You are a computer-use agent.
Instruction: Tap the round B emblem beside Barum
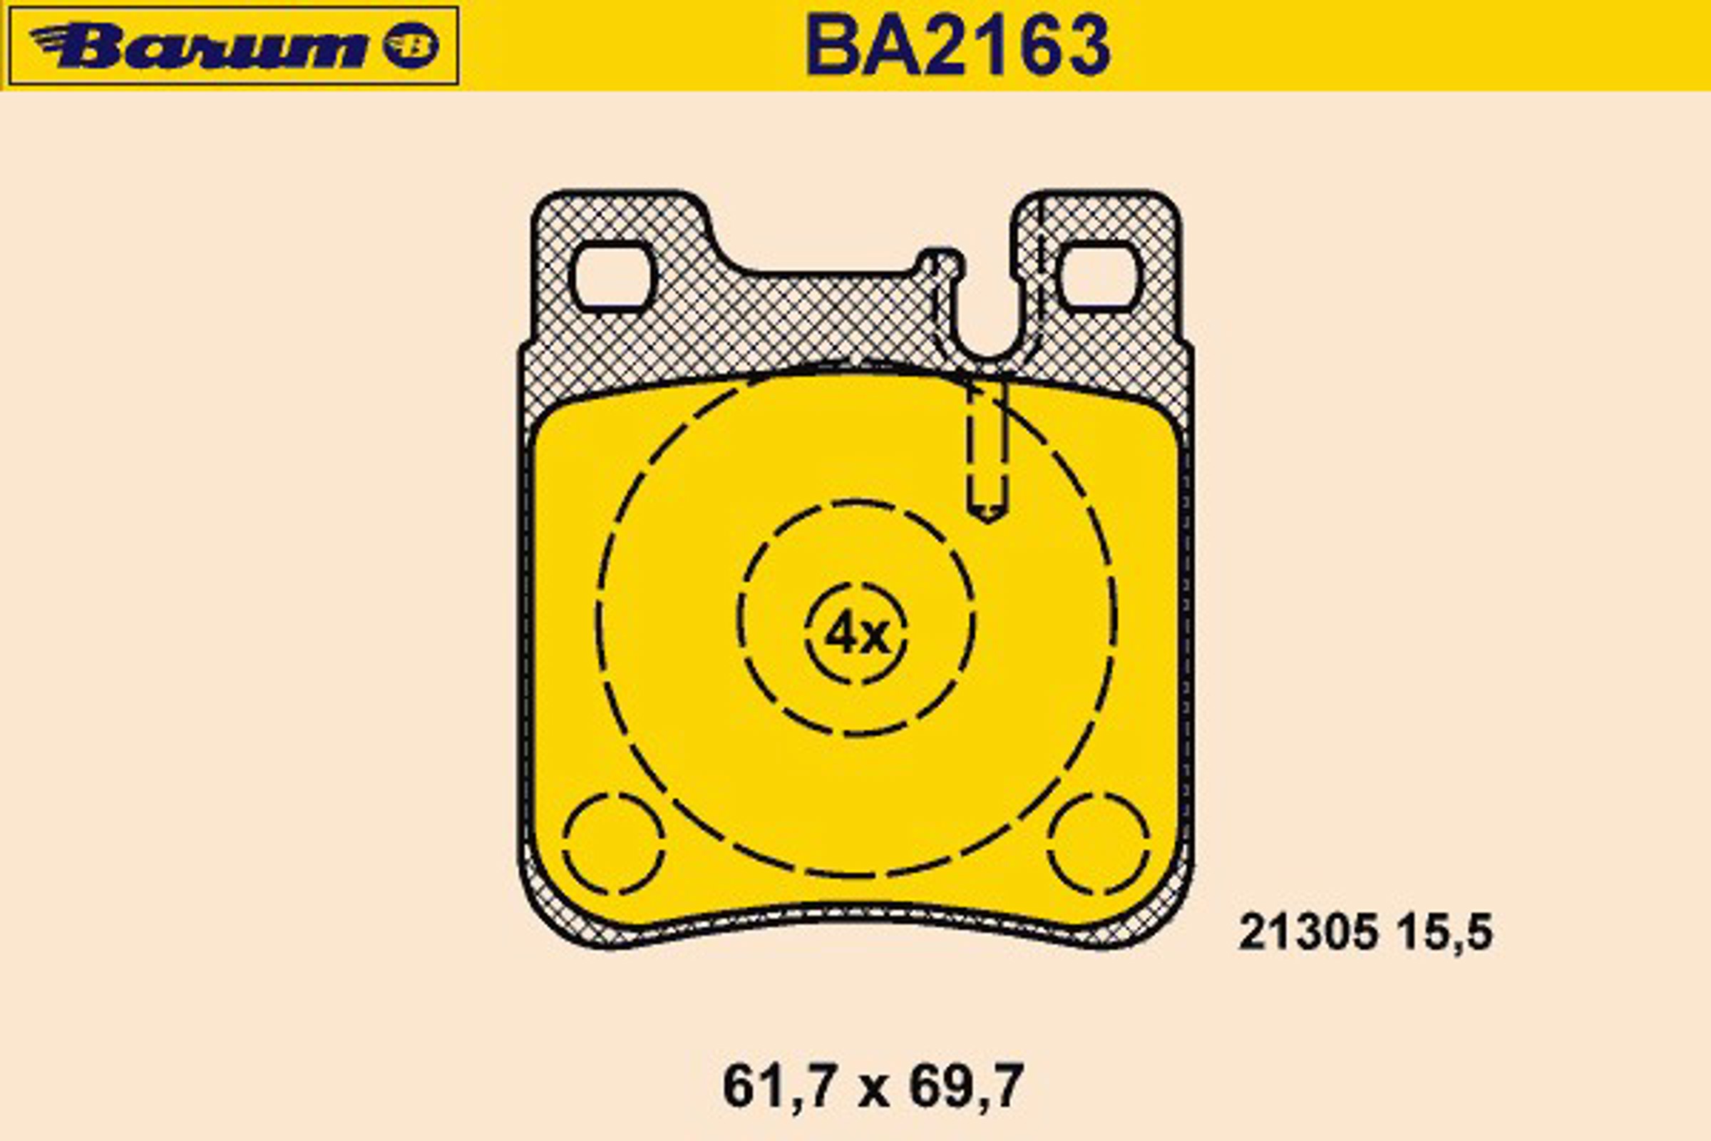click(411, 46)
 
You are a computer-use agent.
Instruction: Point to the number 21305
click(1308, 932)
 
